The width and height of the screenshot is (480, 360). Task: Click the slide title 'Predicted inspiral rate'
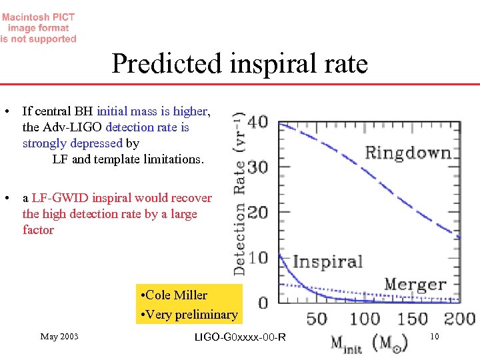point(239,64)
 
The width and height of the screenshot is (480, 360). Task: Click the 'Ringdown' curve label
point(407,153)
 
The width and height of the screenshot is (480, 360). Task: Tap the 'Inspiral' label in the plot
point(327,261)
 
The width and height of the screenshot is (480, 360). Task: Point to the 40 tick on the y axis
point(258,123)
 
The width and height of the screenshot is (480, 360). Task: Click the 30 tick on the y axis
point(258,167)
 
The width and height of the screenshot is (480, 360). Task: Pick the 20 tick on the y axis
point(258,213)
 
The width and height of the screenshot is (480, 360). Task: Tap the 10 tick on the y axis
point(258,257)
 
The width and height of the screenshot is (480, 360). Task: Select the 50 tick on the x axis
point(317,319)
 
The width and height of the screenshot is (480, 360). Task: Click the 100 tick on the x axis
point(365,319)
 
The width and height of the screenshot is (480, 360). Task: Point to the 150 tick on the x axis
point(413,319)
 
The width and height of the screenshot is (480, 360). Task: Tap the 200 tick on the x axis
point(459,319)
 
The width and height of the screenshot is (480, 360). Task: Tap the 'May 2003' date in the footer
point(59,337)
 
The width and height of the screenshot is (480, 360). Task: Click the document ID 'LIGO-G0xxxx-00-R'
point(239,337)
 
